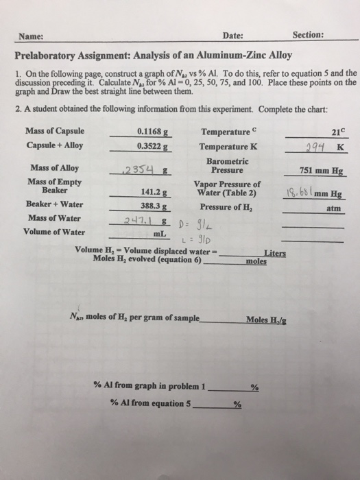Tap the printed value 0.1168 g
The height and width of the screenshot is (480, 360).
(154, 132)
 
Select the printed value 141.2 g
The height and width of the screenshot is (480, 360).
(154, 193)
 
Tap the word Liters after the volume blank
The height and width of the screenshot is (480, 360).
(274, 253)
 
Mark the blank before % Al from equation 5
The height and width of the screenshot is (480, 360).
(213, 404)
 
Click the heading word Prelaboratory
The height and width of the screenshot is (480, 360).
(51, 56)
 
